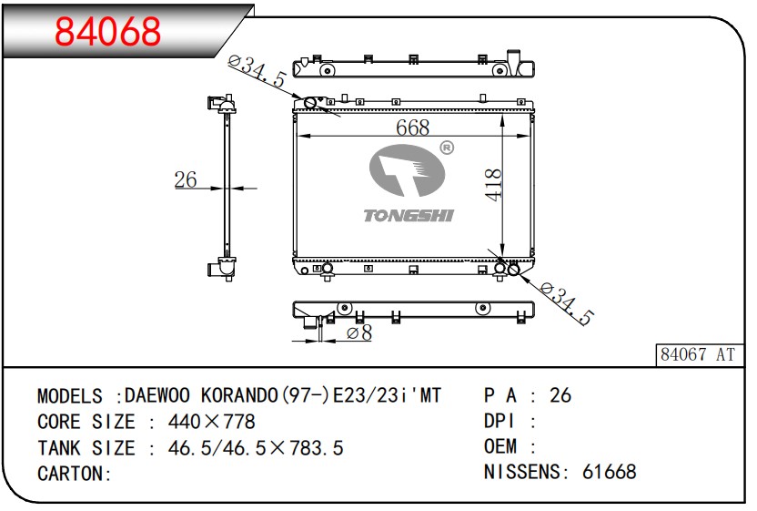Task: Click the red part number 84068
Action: [x=107, y=31]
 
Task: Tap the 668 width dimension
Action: [x=412, y=128]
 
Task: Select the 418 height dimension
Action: [x=493, y=184]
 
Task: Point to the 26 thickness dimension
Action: [x=186, y=179]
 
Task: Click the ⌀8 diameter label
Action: [x=359, y=332]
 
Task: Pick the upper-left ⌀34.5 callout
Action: [x=257, y=72]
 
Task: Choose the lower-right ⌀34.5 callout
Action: [x=566, y=303]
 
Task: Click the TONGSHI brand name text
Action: [x=409, y=216]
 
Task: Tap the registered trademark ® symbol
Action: [x=447, y=148]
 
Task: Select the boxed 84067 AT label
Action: [x=698, y=355]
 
